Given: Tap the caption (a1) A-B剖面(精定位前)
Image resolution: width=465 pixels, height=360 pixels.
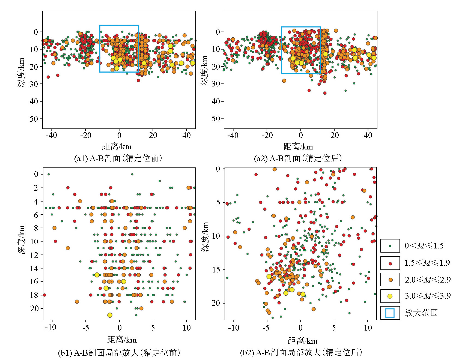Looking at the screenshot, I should [118, 158].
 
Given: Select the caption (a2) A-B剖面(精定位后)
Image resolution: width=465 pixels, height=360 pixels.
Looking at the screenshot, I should [298, 158].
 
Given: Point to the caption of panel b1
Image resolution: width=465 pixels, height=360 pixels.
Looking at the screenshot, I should [119, 353].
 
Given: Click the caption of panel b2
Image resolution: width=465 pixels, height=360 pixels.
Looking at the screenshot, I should [301, 353].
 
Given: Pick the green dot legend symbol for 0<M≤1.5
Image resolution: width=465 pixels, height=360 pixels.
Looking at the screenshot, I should [390, 246].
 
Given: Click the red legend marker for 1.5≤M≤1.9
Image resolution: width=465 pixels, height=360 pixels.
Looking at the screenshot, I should [390, 263].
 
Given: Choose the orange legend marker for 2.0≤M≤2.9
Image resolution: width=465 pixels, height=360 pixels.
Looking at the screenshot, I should [390, 280].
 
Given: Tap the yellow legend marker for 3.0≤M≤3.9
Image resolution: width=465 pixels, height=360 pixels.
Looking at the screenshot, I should [390, 296].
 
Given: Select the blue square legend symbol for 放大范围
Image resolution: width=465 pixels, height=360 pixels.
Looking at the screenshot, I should [390, 313].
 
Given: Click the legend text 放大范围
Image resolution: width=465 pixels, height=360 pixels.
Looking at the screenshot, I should [421, 313].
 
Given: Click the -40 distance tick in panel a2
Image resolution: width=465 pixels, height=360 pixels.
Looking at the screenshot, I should [233, 135].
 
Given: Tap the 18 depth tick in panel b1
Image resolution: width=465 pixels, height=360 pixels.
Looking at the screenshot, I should [34, 295].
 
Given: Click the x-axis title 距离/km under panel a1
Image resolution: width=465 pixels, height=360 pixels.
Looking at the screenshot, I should [117, 147].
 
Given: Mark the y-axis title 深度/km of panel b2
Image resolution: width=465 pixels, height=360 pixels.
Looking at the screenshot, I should [205, 236].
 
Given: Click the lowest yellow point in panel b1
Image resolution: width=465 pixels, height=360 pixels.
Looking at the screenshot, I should [110, 315].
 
